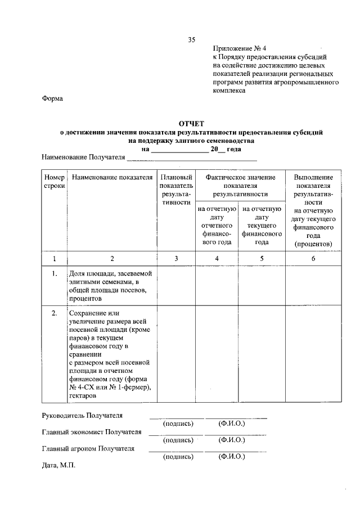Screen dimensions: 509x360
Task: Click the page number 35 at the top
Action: (x=191, y=39)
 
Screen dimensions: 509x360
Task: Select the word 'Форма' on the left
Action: (x=53, y=99)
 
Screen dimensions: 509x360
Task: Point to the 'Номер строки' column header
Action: (x=55, y=181)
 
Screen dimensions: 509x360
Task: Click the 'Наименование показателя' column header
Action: (x=112, y=177)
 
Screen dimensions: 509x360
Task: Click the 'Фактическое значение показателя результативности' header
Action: (x=240, y=185)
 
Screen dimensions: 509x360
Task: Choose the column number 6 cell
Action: (x=313, y=258)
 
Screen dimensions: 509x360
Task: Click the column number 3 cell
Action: (x=176, y=258)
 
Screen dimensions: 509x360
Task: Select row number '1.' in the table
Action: (x=55, y=274)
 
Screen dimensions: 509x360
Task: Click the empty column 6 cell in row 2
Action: (x=313, y=354)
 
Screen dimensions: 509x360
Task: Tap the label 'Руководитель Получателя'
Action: (x=82, y=416)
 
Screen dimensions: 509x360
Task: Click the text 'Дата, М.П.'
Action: (x=58, y=466)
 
